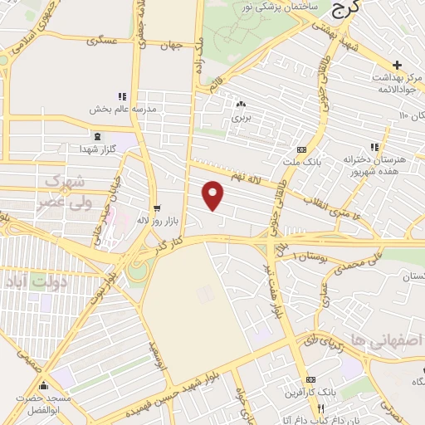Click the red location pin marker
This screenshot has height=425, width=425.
point(214,195)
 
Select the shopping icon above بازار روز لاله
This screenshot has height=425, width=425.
point(158,208)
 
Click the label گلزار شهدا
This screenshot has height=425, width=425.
point(97,148)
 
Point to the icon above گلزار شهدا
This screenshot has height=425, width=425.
point(98,135)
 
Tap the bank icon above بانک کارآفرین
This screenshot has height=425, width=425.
point(310,379)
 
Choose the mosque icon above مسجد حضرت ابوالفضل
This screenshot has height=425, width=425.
point(43,386)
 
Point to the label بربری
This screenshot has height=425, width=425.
point(241,118)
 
